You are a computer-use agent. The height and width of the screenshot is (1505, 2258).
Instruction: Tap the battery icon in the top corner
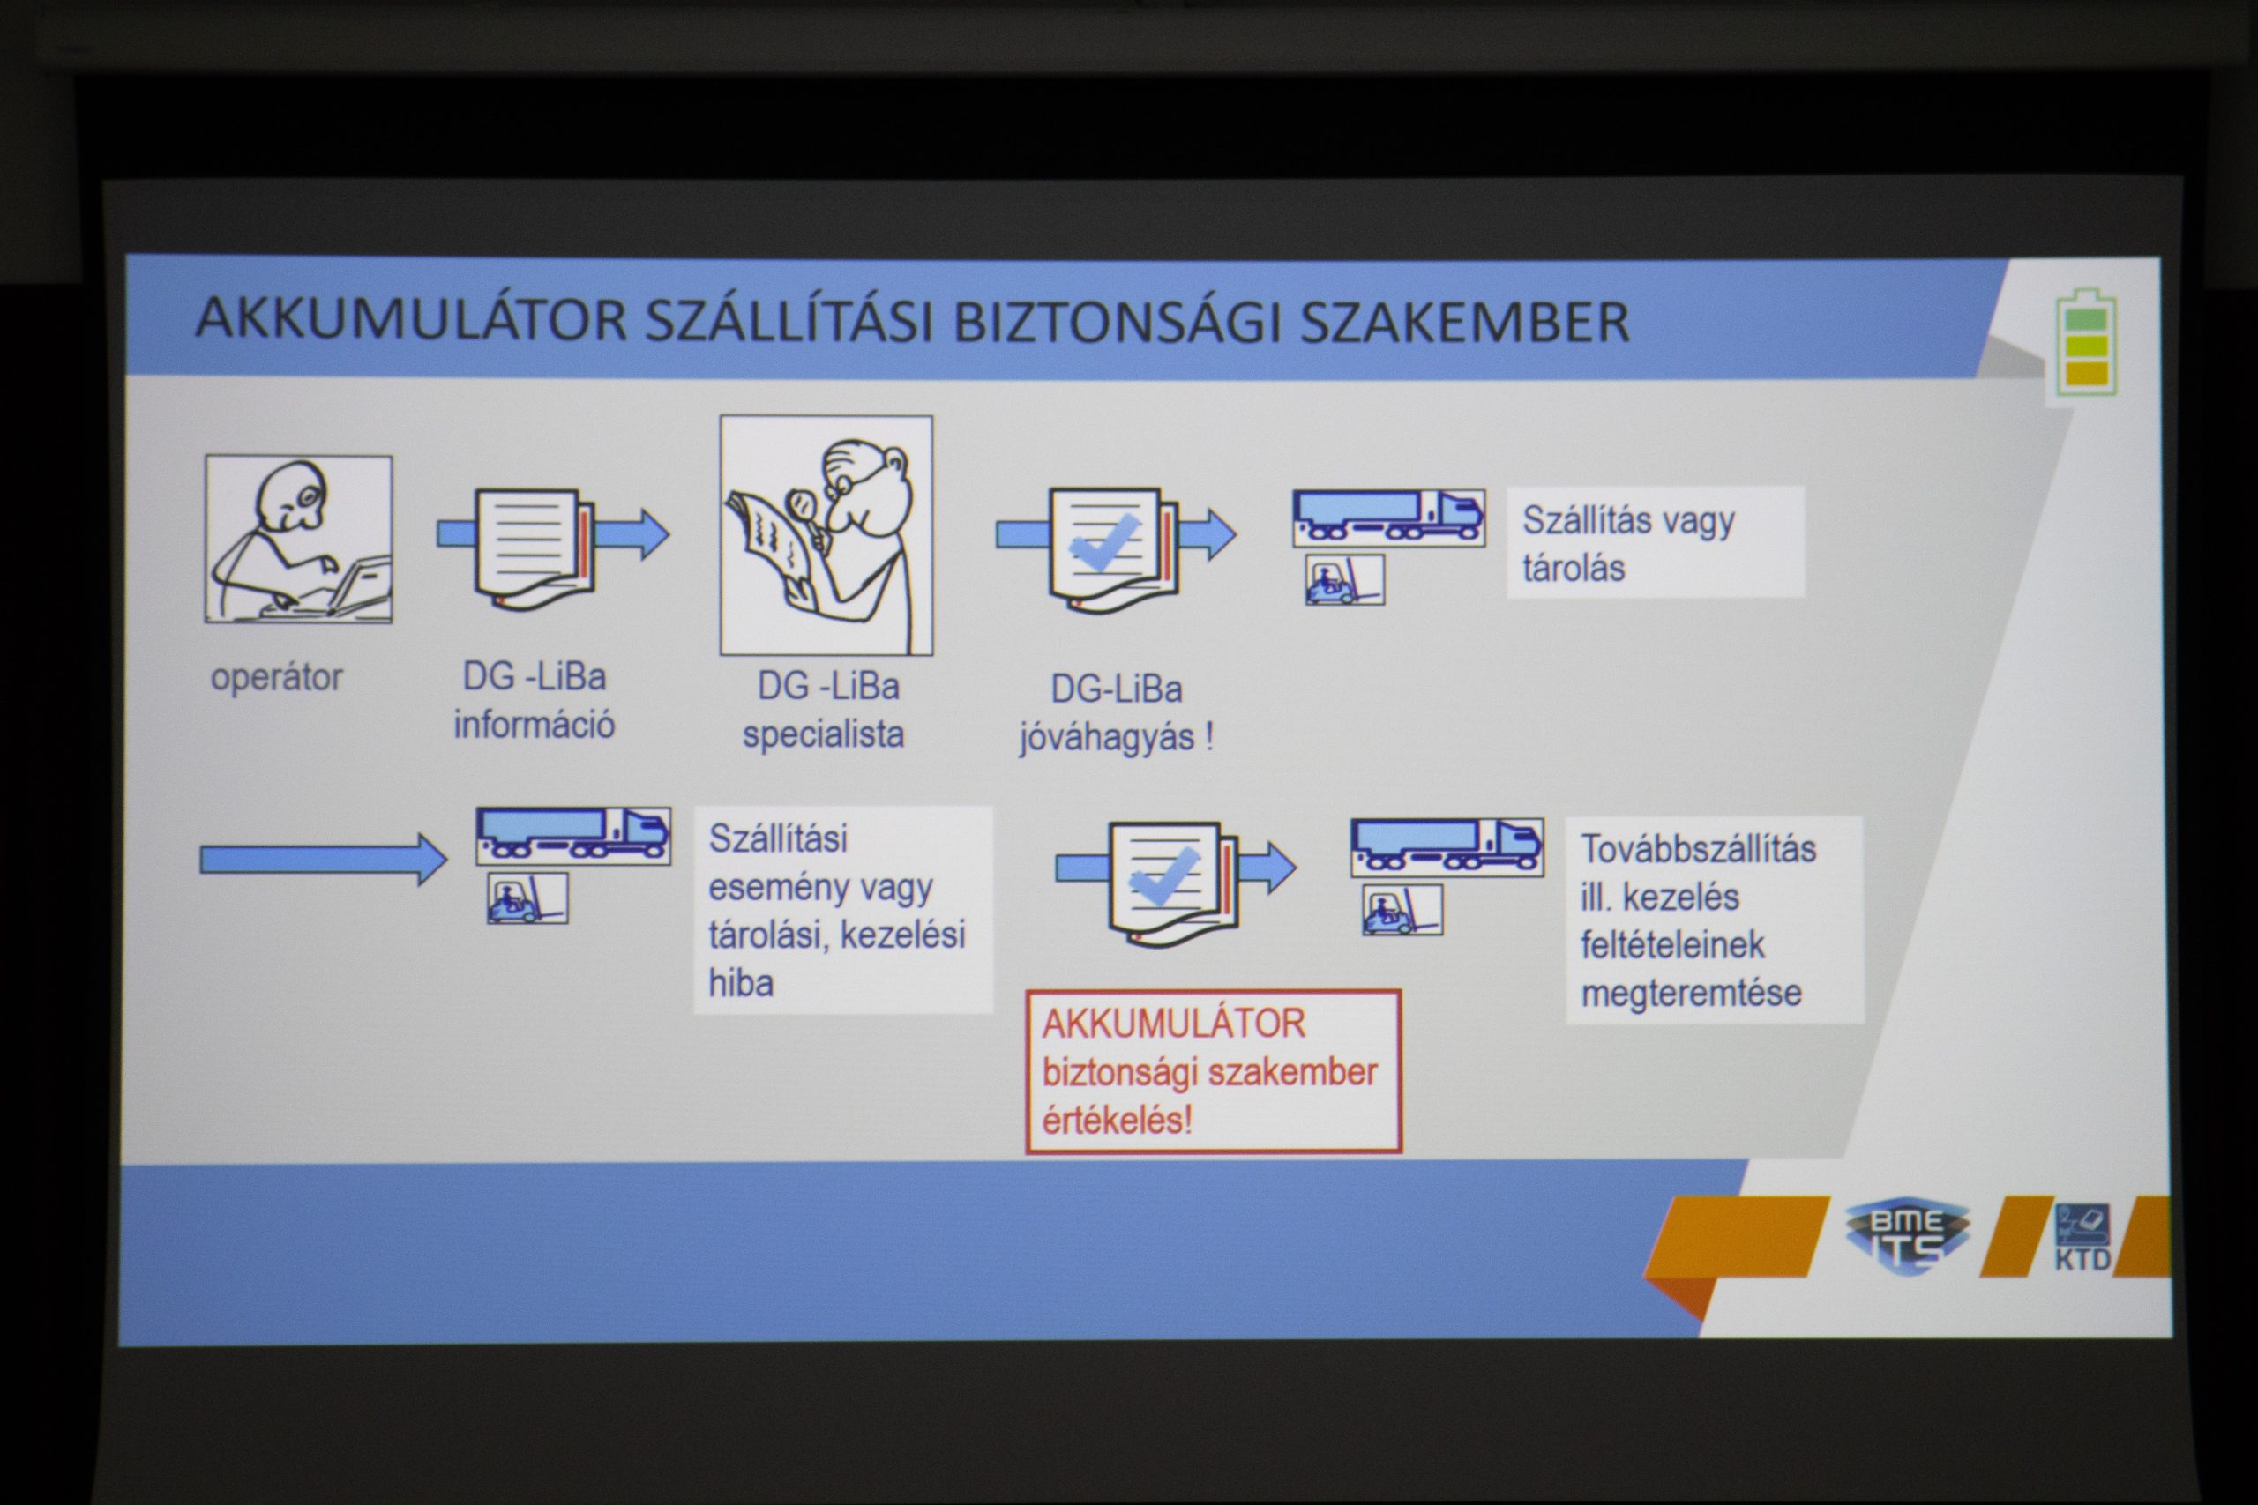(2086, 342)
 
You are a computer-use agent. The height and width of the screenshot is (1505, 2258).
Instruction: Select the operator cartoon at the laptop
(299, 540)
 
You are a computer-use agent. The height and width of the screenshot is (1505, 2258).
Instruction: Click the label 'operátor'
(276, 678)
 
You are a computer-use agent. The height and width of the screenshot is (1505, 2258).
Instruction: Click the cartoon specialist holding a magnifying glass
(826, 535)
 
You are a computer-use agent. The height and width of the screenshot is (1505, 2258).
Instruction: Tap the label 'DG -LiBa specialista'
(825, 711)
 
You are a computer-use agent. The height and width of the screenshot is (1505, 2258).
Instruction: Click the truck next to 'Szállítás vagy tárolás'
(1388, 518)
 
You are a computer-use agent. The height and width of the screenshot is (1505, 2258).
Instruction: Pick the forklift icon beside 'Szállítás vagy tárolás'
(1345, 580)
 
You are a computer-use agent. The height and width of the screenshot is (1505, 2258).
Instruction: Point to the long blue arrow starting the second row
(324, 859)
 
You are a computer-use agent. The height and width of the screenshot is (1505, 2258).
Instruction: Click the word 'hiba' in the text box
(741, 983)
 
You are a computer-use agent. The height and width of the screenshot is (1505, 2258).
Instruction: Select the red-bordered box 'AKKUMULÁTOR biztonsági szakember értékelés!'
(1214, 1071)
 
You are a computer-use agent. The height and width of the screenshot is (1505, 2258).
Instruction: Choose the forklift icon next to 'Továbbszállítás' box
(1402, 910)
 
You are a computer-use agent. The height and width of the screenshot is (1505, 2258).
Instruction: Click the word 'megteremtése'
(1692, 994)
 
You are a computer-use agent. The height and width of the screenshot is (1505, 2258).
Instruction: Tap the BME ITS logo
(1907, 1237)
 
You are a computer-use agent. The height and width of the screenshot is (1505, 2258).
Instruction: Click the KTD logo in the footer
(2082, 1236)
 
